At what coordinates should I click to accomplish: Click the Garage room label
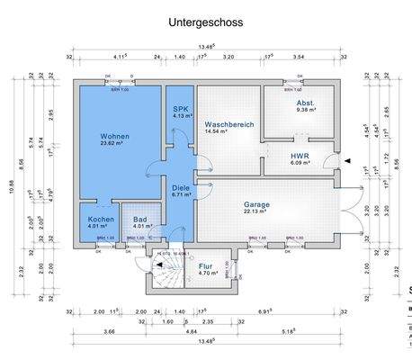[x=256, y=203]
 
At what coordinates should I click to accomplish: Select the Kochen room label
[x=100, y=219]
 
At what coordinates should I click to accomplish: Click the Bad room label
[x=139, y=219]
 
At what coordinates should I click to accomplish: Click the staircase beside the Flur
[x=166, y=272]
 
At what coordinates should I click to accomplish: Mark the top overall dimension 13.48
[x=206, y=48]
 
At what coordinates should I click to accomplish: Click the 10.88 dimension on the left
[x=12, y=187]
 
